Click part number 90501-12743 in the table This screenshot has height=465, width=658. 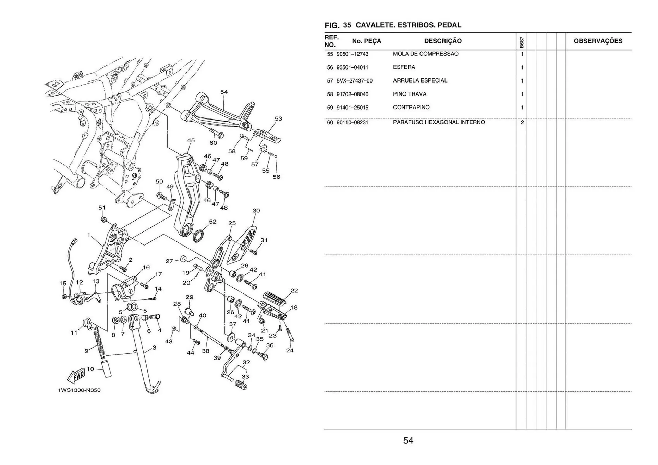(352, 54)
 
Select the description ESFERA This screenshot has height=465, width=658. (404, 67)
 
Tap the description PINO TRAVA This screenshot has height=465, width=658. (410, 94)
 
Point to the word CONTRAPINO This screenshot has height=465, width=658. (411, 108)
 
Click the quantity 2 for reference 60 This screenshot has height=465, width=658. (522, 122)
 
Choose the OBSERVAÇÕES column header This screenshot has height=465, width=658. (598, 41)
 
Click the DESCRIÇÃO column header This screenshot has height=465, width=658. (443, 41)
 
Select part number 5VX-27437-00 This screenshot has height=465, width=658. (354, 81)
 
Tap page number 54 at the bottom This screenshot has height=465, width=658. (408, 441)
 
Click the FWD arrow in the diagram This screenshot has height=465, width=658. (76, 376)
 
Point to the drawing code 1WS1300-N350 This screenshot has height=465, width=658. (79, 390)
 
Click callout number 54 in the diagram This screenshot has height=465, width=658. (224, 92)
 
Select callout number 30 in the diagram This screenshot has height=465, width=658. (256, 211)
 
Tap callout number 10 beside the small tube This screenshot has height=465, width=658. (90, 369)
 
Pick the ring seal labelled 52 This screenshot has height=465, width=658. (198, 236)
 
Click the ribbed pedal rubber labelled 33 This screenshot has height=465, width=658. (241, 385)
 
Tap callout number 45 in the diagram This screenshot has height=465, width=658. (191, 140)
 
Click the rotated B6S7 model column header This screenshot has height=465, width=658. (521, 42)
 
